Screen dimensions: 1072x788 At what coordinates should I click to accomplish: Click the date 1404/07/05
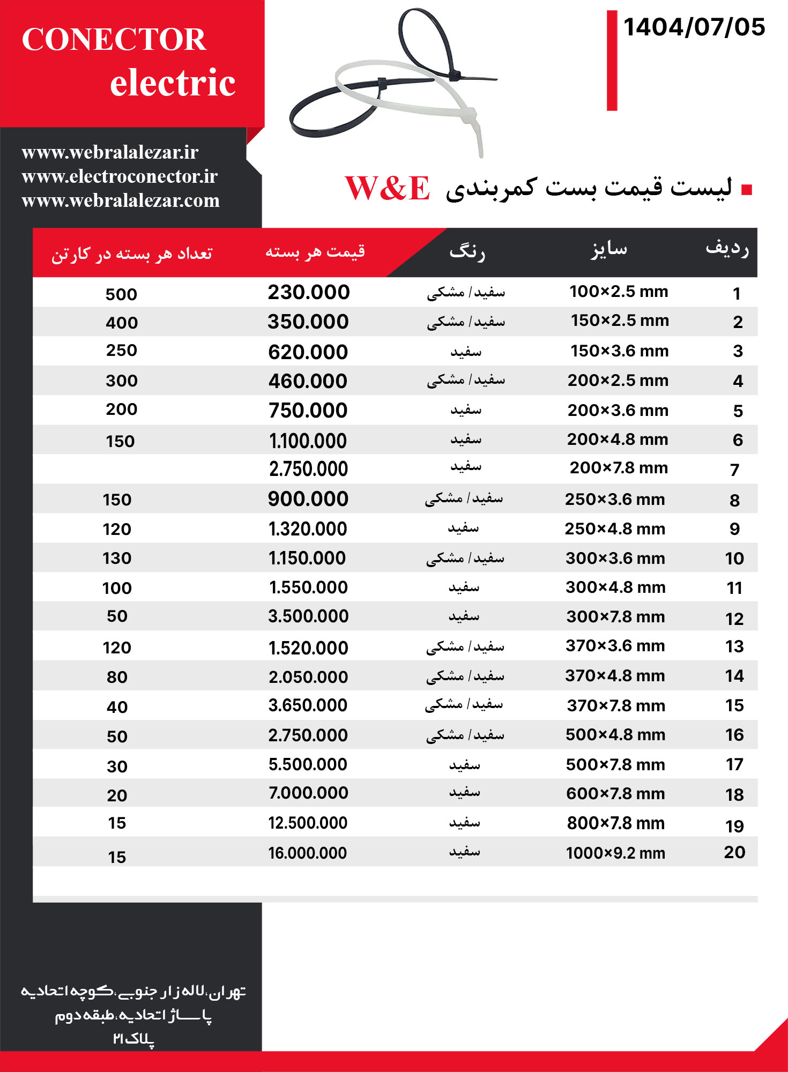[x=694, y=27]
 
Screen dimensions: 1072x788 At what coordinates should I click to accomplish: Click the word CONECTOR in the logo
[x=114, y=39]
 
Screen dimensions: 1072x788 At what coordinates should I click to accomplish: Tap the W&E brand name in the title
[x=387, y=188]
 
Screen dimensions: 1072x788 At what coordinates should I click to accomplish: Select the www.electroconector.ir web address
[x=120, y=176]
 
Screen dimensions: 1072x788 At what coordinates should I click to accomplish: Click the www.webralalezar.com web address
[x=121, y=200]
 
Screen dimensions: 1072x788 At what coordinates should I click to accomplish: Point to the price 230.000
[x=309, y=292]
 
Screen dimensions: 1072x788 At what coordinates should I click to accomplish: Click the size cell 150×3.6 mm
[x=619, y=351]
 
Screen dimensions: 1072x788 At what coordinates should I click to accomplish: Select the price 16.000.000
[x=308, y=853]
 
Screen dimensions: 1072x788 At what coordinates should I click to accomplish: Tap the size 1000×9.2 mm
[x=615, y=853]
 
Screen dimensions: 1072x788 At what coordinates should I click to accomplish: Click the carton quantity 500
[x=121, y=294]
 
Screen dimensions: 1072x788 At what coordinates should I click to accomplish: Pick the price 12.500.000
[x=308, y=823]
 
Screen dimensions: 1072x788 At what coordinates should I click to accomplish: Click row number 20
[x=734, y=852]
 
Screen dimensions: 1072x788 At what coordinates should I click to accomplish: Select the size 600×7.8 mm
[x=615, y=794]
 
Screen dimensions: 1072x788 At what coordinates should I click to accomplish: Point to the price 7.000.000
[x=308, y=793]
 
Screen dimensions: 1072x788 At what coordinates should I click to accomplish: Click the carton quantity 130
[x=117, y=559]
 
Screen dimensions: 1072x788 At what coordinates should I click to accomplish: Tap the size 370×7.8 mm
[x=616, y=705]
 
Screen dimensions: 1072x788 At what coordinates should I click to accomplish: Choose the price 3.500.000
[x=308, y=616]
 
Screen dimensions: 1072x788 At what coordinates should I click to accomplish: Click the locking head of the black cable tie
[x=454, y=75]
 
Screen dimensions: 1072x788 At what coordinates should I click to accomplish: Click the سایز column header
[x=609, y=249]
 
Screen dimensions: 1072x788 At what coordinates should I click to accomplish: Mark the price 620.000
[x=308, y=352]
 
